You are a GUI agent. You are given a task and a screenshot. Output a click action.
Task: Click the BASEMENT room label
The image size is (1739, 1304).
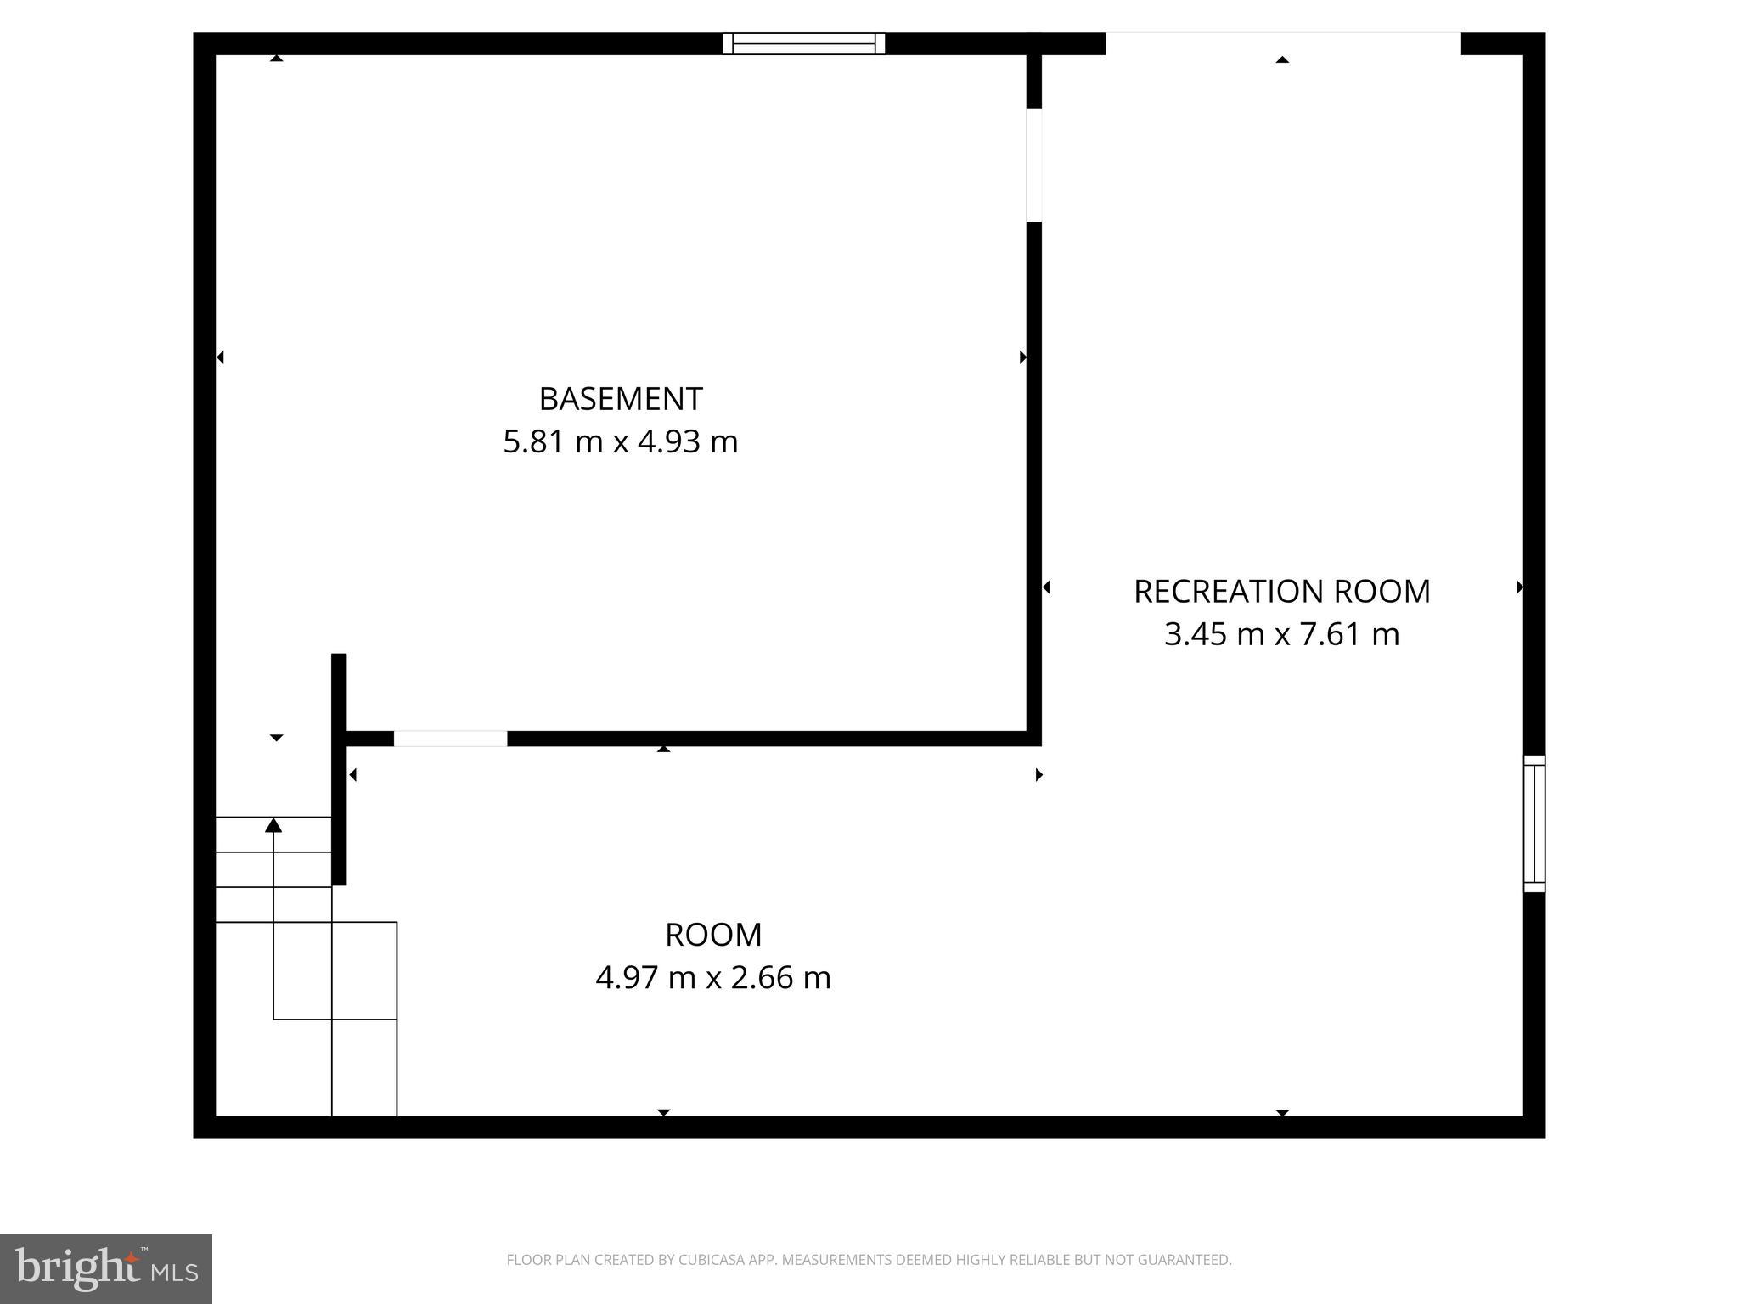(621, 399)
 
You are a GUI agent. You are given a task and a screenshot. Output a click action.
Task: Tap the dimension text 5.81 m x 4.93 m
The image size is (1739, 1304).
(621, 442)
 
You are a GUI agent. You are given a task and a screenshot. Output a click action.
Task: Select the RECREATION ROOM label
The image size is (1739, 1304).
(1281, 592)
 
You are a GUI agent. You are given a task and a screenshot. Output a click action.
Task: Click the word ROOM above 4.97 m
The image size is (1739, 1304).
(713, 935)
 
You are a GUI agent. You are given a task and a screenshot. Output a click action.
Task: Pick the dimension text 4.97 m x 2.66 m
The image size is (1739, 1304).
(713, 978)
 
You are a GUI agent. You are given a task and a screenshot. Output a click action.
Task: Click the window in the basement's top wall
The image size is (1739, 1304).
(803, 43)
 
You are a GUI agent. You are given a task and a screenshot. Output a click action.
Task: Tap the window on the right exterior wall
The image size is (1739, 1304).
(1534, 823)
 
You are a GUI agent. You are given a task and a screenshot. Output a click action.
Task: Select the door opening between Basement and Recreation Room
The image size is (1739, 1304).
(1033, 165)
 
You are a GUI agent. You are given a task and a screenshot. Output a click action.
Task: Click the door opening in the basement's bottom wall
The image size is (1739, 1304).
(450, 739)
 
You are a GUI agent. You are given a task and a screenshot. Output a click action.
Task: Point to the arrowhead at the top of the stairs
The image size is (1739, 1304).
(273, 824)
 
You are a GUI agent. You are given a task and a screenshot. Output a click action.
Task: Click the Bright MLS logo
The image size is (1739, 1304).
(106, 1268)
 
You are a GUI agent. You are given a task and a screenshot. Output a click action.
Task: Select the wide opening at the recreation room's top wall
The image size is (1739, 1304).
(1282, 43)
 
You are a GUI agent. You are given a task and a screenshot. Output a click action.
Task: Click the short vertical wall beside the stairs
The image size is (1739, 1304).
(339, 769)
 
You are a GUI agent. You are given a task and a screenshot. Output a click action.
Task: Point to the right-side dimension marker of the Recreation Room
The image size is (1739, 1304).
(1519, 587)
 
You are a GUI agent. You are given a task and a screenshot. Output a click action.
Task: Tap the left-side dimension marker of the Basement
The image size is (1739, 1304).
(221, 357)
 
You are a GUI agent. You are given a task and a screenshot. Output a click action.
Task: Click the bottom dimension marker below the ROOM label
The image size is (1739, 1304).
(663, 1112)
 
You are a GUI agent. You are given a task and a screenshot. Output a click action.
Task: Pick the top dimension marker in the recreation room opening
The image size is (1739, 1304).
(1282, 59)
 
